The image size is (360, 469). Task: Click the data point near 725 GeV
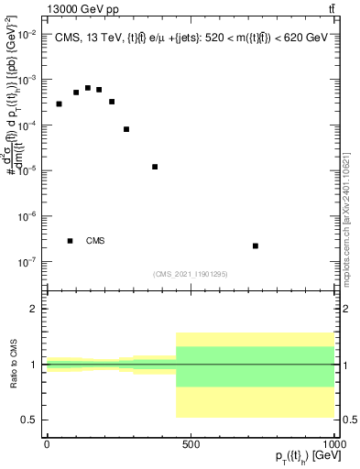[256, 245]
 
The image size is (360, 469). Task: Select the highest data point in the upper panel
[88, 88]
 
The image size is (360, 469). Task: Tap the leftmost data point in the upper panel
[59, 104]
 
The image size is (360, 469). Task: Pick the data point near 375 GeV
[155, 167]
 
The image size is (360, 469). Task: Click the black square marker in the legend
[70, 241]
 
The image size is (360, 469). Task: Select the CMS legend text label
[95, 241]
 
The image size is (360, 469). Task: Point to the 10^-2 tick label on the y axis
[26, 34]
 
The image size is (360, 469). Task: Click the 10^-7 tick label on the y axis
[26, 262]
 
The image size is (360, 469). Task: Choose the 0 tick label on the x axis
[46, 442]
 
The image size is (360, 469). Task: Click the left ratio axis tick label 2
[34, 309]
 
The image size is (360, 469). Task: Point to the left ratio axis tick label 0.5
[30, 420]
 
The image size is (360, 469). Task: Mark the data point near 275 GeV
[126, 129]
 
